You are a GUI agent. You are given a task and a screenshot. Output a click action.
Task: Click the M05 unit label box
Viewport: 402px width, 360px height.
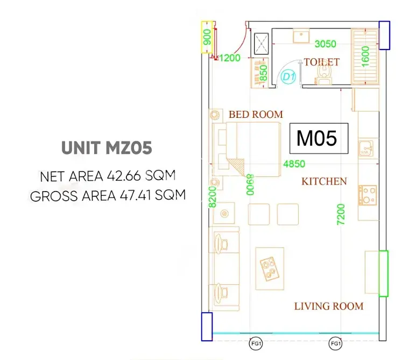coord(319,138)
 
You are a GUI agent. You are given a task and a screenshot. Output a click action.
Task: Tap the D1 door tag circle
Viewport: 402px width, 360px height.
coord(288,76)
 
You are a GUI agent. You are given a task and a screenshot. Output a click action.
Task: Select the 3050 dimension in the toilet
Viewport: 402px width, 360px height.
coord(326,44)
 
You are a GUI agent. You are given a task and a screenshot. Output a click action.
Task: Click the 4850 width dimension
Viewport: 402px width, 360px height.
coord(294,164)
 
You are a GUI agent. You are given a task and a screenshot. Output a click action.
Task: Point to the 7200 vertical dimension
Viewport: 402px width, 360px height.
coord(341,214)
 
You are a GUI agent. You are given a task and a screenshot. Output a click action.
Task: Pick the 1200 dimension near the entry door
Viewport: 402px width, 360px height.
coord(230,58)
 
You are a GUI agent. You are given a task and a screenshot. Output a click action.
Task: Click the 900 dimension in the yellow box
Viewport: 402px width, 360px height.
coord(207,37)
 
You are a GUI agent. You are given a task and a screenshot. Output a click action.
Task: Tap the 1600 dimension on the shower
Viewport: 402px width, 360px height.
coord(365,57)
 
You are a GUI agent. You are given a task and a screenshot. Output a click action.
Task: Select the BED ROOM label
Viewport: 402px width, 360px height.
coord(256,115)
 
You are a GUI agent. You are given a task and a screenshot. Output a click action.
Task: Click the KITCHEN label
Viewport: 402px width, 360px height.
coord(324,181)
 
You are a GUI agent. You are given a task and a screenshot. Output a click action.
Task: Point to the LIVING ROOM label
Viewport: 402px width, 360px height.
coord(329,306)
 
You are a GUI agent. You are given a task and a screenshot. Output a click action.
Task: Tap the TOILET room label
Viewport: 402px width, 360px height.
coord(321,62)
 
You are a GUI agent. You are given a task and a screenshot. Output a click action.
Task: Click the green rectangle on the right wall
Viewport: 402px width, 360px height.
coord(384,273)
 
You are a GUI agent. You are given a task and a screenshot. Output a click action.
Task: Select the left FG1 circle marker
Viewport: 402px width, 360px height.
coord(256,344)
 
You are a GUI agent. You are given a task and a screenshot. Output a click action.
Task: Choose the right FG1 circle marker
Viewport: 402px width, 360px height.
coord(335,344)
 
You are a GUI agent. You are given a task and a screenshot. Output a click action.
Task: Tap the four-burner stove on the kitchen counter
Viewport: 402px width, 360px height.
coord(368,195)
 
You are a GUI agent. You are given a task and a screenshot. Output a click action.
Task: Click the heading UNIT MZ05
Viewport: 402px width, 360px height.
coord(107,147)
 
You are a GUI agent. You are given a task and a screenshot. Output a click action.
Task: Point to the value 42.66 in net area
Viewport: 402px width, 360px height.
coord(124,176)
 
